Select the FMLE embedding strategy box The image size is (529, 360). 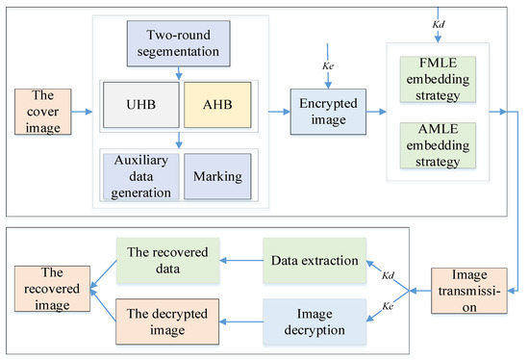point(439,77)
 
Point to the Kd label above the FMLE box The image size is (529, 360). point(441,21)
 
